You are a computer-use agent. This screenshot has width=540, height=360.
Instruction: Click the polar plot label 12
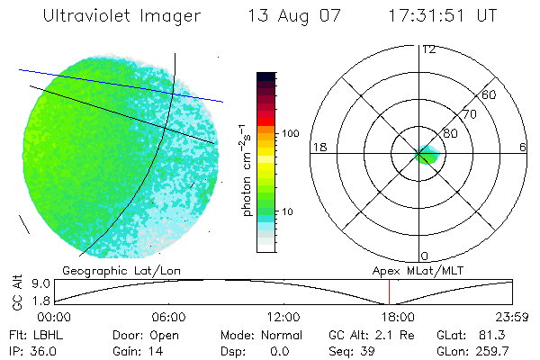tap(429, 49)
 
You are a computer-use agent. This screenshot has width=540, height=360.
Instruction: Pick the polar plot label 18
tap(318, 147)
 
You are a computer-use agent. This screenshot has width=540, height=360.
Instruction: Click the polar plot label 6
tap(524, 147)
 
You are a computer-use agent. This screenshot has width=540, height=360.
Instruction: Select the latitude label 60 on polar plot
tap(490, 94)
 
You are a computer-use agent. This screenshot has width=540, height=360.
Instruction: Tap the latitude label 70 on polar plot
tap(466, 114)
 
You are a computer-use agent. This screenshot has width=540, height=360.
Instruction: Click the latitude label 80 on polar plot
tap(450, 133)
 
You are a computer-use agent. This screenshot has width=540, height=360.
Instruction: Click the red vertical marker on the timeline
tap(389, 292)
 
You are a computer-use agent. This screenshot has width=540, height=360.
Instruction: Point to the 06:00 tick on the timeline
tap(168, 317)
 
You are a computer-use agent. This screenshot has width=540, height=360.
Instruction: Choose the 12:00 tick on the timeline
tap(283, 317)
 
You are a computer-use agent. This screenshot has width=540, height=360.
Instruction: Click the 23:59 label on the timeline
tap(512, 317)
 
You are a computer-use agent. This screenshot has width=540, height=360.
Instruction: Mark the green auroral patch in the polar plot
tap(427, 156)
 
